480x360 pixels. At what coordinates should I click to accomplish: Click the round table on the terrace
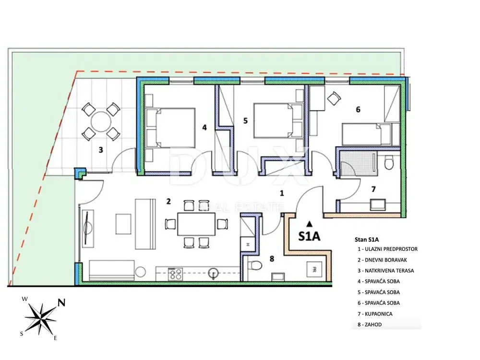coord(101,121)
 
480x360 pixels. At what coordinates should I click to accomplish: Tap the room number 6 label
coord(358,109)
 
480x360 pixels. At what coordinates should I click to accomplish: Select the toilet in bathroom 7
coord(389,162)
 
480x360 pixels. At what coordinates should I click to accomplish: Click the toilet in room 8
coord(254,264)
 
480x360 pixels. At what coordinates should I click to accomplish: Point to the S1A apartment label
coord(310,236)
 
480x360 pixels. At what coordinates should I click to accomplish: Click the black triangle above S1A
coord(310,224)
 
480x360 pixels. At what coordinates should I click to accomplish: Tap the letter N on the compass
coord(61,303)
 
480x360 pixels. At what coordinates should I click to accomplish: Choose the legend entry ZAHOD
coord(370,324)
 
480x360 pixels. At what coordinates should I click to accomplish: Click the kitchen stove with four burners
coord(175,274)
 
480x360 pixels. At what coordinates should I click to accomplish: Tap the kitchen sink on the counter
coord(214,273)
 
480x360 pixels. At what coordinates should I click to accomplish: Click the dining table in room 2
coord(196,224)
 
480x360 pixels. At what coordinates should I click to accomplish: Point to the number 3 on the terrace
coord(100,150)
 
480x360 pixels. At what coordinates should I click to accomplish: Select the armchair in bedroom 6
coord(334,98)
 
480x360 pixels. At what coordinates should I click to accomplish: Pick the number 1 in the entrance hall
coord(282,193)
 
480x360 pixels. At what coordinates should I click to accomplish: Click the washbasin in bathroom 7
coord(378,205)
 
